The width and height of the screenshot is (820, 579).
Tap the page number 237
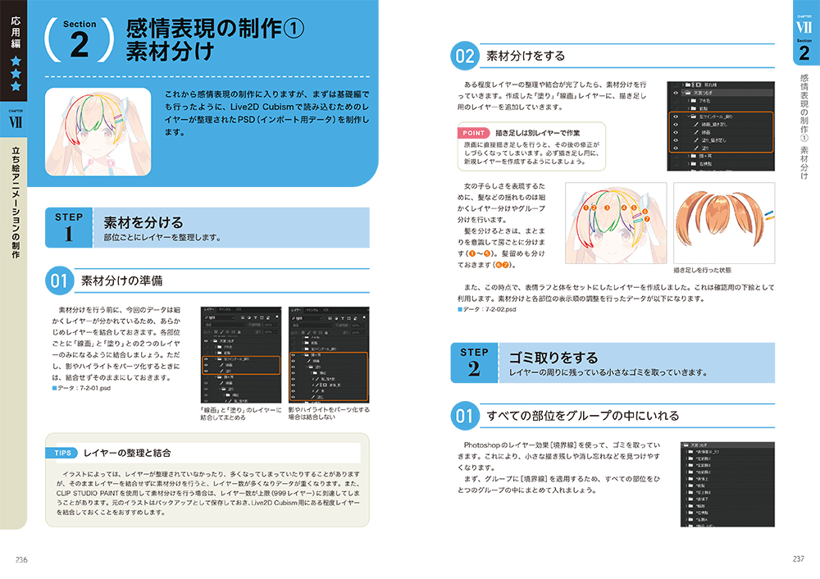(x=798, y=559)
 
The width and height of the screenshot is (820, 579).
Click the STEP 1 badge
(x=69, y=226)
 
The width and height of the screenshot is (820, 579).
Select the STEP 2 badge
(x=475, y=362)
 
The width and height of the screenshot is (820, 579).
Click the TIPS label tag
(x=64, y=453)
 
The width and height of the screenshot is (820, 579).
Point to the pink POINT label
(x=474, y=132)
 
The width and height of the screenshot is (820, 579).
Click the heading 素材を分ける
(x=143, y=222)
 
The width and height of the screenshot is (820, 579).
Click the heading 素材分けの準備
(x=121, y=281)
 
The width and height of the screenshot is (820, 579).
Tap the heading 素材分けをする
(x=526, y=57)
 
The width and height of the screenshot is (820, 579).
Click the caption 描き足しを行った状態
(x=702, y=269)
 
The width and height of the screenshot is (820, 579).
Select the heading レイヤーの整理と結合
(x=126, y=453)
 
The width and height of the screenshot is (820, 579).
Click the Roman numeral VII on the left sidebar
(x=16, y=123)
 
